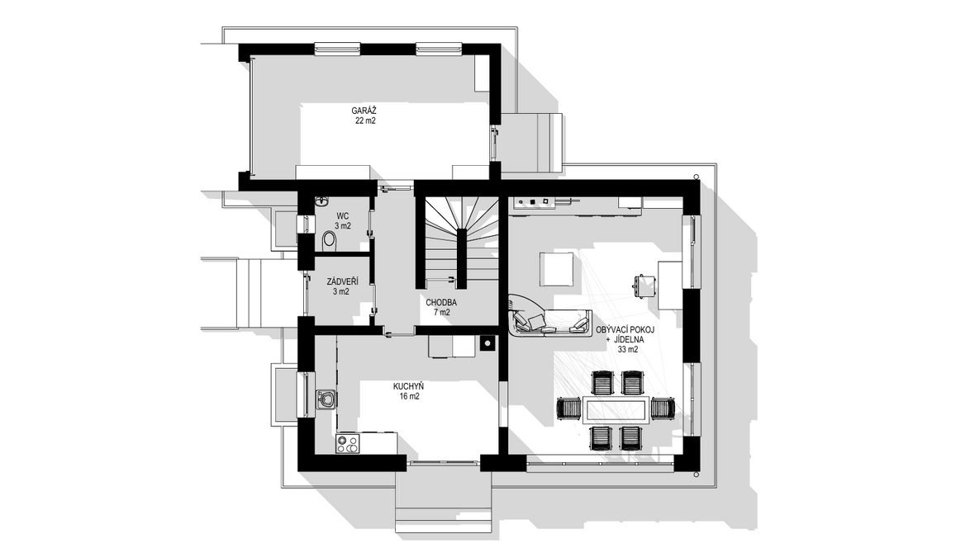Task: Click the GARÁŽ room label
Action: point(364,111)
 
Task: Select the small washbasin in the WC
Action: point(322,201)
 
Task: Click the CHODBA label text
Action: point(441,303)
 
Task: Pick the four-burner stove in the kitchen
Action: point(348,444)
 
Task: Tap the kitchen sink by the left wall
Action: point(326,399)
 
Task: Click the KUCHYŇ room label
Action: point(408,386)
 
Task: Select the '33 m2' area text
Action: point(628,350)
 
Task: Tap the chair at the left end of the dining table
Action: point(569,409)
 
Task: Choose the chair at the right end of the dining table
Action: point(663,409)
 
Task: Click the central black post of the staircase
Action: point(462,258)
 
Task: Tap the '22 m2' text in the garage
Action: point(365,121)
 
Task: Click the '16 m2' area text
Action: point(409,396)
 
